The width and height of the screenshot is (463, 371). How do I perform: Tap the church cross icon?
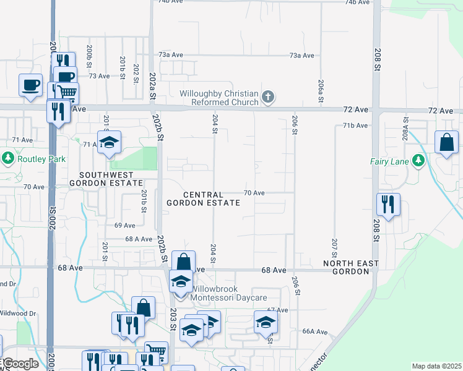coord(267,96)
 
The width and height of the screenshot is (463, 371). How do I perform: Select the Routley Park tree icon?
coord(8,159)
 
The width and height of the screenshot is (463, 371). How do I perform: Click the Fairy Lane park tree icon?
coord(418,161)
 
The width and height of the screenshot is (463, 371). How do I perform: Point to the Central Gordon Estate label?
coord(203,198)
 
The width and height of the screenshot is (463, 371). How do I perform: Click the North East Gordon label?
coord(350,267)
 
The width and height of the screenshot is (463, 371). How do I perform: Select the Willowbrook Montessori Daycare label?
coord(227,292)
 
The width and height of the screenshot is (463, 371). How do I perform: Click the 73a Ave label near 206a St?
coord(302,56)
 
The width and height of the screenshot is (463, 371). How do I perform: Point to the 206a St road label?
coord(321,90)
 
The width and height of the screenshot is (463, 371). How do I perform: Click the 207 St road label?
coord(334,247)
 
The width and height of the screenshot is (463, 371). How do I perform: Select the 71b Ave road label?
coord(355,126)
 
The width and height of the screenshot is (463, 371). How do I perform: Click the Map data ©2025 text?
coord(437,366)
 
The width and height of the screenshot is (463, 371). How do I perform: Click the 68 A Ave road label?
coord(139,239)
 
